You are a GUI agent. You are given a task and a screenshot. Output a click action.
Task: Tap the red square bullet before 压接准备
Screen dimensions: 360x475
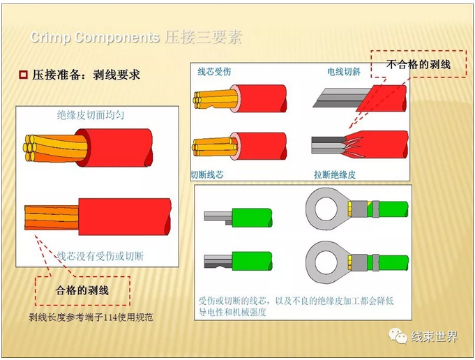pyautogui.click(x=22, y=74)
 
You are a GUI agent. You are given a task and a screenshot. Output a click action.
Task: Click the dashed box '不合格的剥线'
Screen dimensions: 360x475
pyautogui.click(x=419, y=65)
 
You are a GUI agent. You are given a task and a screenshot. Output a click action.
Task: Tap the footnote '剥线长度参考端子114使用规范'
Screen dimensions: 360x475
pyautogui.click(x=91, y=318)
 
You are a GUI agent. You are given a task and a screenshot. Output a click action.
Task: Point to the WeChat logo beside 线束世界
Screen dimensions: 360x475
pyautogui.click(x=400, y=337)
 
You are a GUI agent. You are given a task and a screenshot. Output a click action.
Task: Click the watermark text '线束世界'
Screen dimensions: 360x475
pyautogui.click(x=435, y=337)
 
